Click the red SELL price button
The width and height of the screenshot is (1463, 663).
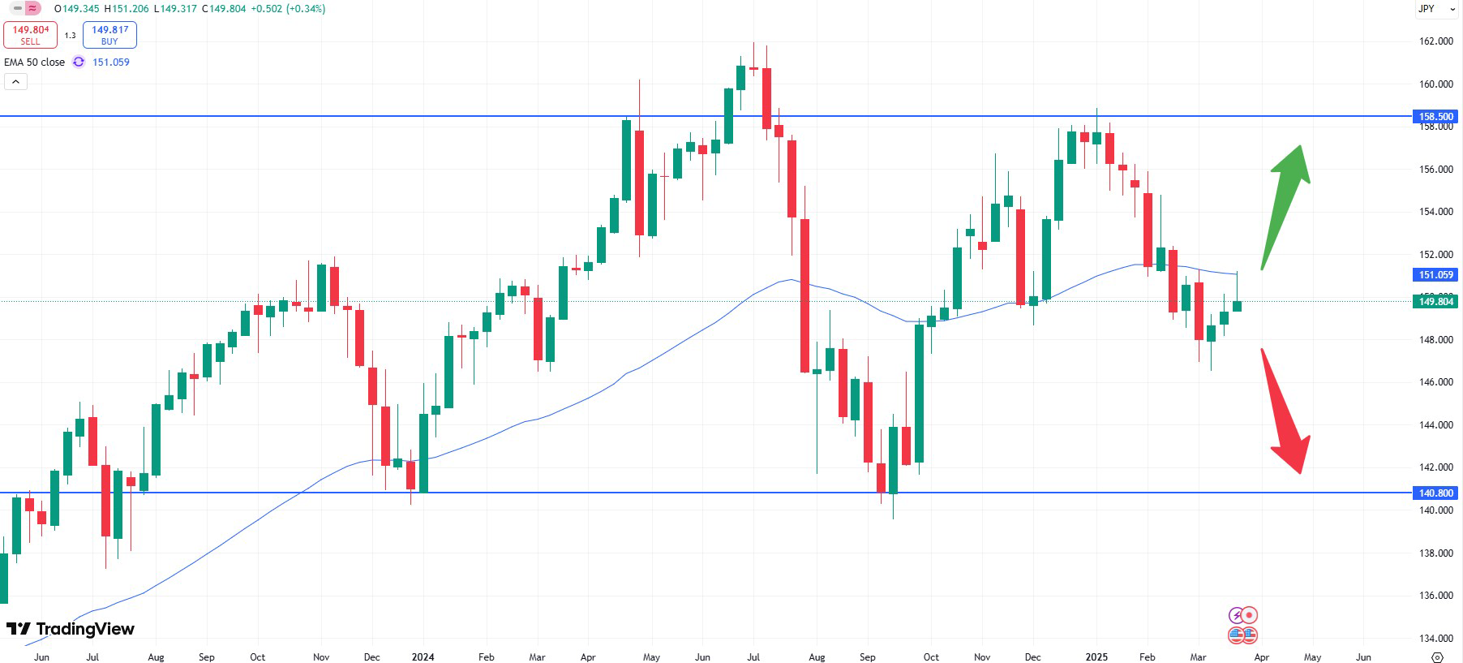30,35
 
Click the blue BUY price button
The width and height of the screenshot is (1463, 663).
109,35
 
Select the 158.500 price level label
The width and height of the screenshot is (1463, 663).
1436,117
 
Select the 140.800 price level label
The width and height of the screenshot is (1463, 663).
1436,493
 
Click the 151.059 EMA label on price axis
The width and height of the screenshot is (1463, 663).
1436,275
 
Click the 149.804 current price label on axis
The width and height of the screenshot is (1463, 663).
1436,302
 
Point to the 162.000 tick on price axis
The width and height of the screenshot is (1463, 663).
1435,41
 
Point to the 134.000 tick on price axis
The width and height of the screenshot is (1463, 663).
1435,639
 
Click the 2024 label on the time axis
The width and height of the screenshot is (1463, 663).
423,657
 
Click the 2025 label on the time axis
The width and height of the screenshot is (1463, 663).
1096,657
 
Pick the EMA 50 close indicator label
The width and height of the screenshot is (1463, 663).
34,62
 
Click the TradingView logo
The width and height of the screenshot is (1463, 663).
71,629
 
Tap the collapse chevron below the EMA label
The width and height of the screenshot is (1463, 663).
15,81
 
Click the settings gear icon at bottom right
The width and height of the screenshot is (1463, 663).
1438,657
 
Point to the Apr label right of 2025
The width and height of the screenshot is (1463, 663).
1261,657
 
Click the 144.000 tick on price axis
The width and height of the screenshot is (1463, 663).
1435,425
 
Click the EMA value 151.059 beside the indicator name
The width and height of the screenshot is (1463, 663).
111,62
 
